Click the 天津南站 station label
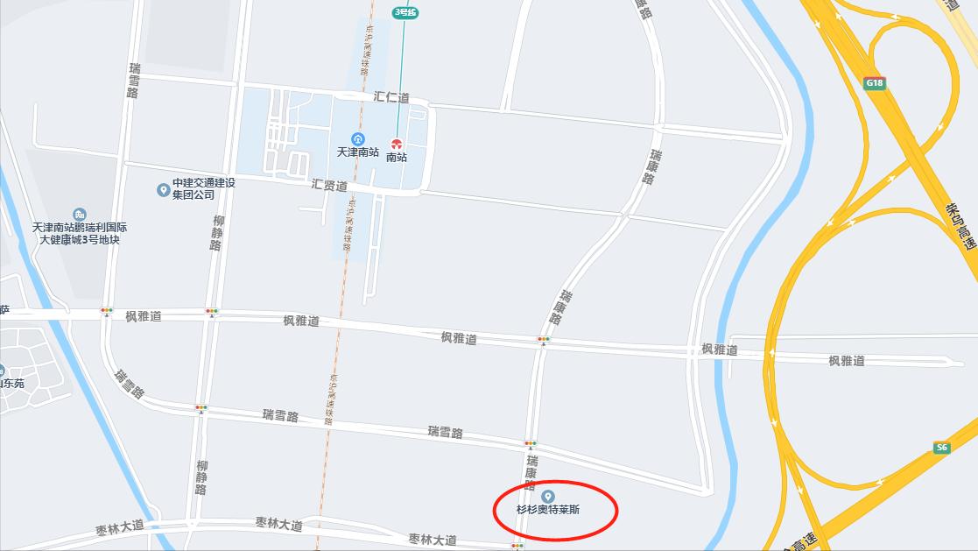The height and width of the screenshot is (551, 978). coord(358,152)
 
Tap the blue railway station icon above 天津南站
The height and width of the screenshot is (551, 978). coord(357,138)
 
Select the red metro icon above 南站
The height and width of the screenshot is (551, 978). coord(397,144)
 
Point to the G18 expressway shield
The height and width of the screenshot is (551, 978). coord(874,83)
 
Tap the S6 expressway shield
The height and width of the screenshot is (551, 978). coord(941,448)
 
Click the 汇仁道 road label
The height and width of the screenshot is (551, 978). coord(391,97)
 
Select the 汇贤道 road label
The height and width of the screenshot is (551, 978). coord(329,186)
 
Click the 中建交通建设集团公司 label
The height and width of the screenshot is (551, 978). coord(204,189)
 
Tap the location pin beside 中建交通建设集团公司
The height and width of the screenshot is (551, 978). coord(163,189)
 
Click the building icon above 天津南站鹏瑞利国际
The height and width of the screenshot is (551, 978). coord(80,215)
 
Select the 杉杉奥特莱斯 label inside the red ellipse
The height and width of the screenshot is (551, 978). coord(548,510)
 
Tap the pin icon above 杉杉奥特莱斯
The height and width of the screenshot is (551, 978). coord(549,497)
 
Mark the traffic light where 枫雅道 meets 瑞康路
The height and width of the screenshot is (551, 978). coord(544,339)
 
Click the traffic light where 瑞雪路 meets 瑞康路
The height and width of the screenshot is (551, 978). coord(531,444)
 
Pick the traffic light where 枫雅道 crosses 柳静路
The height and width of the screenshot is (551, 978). coord(212,311)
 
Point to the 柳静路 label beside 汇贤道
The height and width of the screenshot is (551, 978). coord(217,233)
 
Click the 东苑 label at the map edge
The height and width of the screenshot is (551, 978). coord(12,384)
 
